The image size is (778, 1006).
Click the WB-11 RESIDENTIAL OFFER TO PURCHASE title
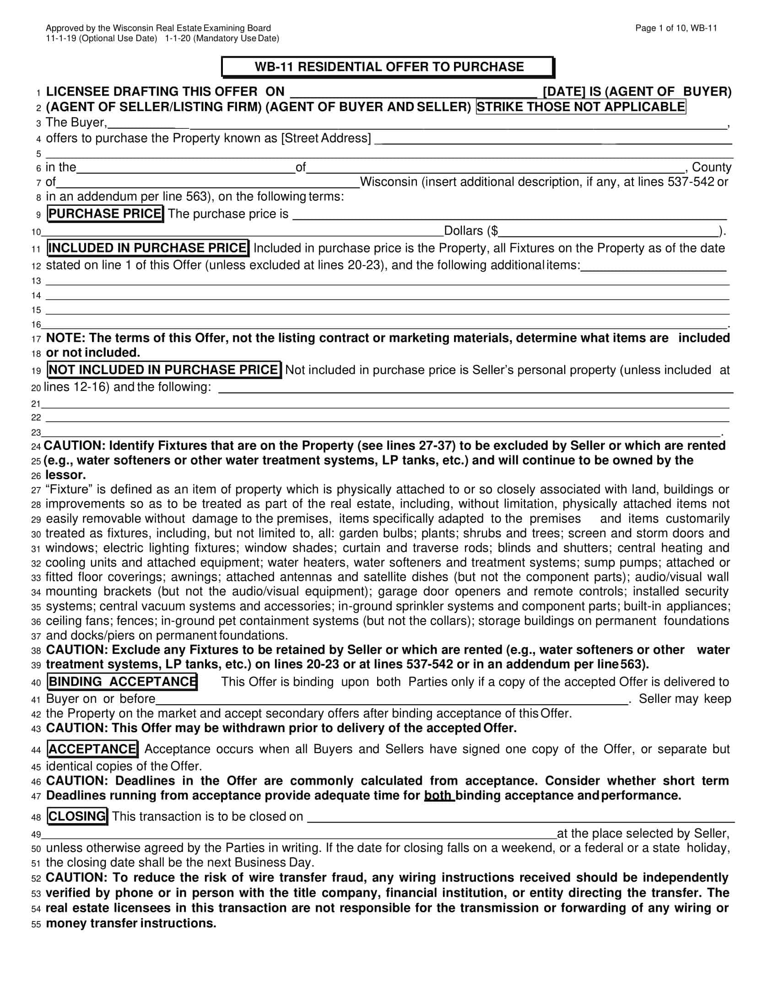point(389,67)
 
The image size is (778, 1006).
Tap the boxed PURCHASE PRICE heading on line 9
point(105,214)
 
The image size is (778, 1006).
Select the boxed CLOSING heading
point(77,816)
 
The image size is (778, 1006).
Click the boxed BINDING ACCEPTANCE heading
point(122,682)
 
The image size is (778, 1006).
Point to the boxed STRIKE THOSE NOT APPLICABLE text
point(581,107)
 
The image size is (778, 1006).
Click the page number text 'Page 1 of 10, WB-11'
point(675,28)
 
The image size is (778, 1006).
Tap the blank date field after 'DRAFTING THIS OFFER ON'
point(413,92)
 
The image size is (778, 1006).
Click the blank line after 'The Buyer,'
point(415,123)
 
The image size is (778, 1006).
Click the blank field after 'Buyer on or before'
point(392,699)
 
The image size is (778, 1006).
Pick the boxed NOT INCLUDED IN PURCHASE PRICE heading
point(164,370)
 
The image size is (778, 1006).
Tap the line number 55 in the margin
point(37,925)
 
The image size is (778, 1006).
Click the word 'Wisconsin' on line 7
point(388,182)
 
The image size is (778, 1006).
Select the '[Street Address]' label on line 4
point(326,138)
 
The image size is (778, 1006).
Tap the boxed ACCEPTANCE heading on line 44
point(92,749)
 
